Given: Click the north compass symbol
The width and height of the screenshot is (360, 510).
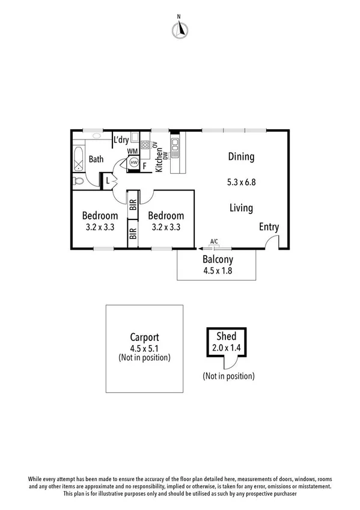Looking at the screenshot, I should [x=178, y=29].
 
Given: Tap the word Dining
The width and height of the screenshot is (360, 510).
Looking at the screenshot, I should [x=241, y=157].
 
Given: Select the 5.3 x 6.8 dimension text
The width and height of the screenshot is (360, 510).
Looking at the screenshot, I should [x=242, y=182].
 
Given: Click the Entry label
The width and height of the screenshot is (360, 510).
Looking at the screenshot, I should [x=269, y=227].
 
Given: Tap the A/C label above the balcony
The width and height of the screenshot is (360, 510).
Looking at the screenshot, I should [x=214, y=242].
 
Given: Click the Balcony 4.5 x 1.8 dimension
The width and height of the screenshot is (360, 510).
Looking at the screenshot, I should [x=217, y=270].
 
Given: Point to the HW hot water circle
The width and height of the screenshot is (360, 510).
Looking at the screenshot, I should [x=134, y=163].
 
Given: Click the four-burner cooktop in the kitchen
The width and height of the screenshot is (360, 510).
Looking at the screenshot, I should [x=145, y=145].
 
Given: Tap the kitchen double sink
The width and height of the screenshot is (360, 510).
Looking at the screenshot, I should [x=175, y=147].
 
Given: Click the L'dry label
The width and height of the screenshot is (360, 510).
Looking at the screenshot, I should [x=121, y=140].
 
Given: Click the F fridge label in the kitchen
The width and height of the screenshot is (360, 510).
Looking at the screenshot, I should [x=144, y=167].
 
